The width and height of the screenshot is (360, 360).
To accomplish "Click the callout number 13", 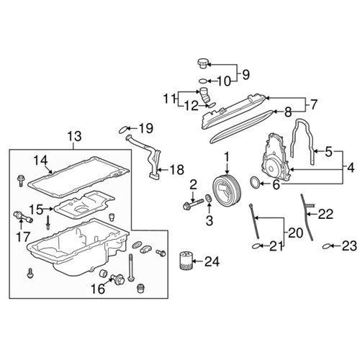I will pos(75,136).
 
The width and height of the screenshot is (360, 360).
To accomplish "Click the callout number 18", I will pos(176,171).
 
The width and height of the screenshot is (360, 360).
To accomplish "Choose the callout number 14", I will pos(40,161).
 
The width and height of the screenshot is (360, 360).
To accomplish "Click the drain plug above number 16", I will pos(112,275).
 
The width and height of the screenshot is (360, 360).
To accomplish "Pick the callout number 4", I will pos(351,168).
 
